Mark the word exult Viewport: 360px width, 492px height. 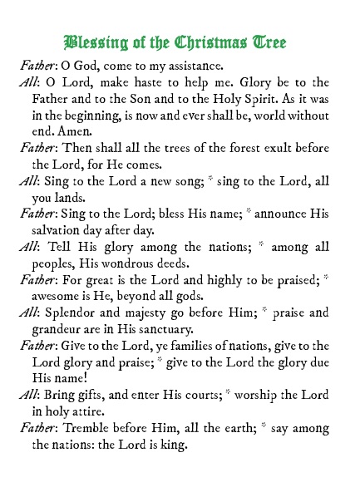pyautogui.click(x=268, y=150)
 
